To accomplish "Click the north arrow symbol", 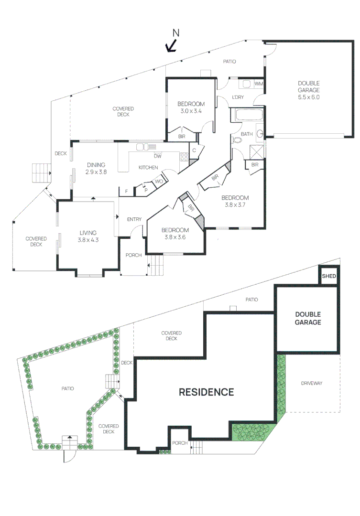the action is click(172, 46).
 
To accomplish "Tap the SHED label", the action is click(329, 276).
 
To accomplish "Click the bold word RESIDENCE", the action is click(206, 392).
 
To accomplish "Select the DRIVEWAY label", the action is click(312, 383).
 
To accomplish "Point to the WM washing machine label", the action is click(259, 84).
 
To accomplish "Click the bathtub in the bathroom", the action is click(249, 115).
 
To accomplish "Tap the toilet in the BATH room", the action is click(237, 140).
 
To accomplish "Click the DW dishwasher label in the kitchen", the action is click(158, 156).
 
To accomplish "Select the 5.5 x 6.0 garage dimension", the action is click(309, 97).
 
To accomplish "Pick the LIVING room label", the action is click(88, 233).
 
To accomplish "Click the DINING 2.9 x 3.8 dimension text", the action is click(96, 172).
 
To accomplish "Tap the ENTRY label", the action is click(134, 219).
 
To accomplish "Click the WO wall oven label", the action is click(159, 182).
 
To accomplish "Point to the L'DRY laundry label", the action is click(238, 97).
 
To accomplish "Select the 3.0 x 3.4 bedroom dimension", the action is click(191, 111).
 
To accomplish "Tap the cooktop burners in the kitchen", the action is click(184, 157).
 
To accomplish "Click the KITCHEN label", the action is click(148, 168).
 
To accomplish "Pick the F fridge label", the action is click(126, 191).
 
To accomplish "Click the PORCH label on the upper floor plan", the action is click(133, 255).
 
